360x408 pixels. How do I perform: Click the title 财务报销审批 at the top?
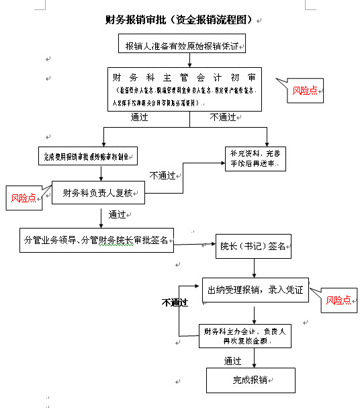click(x=180, y=20)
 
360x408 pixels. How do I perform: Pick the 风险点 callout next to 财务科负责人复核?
click(x=24, y=198)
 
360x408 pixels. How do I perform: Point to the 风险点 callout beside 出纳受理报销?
click(x=339, y=300)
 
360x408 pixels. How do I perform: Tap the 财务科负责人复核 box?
click(x=99, y=194)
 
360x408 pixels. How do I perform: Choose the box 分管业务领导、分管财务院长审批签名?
click(x=97, y=240)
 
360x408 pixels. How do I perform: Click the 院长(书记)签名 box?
click(x=253, y=247)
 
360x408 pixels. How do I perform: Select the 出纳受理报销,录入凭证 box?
click(x=255, y=290)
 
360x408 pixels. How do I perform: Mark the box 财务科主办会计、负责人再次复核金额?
click(x=245, y=336)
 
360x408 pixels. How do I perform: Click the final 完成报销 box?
click(x=251, y=380)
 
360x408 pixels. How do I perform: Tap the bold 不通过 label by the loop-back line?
click(x=175, y=303)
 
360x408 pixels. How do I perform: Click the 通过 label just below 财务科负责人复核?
click(x=117, y=215)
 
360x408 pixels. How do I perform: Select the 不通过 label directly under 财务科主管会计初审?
click(x=222, y=117)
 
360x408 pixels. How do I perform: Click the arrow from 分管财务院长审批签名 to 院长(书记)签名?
click(x=195, y=245)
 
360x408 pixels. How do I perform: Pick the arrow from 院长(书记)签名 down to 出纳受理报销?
click(x=255, y=268)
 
